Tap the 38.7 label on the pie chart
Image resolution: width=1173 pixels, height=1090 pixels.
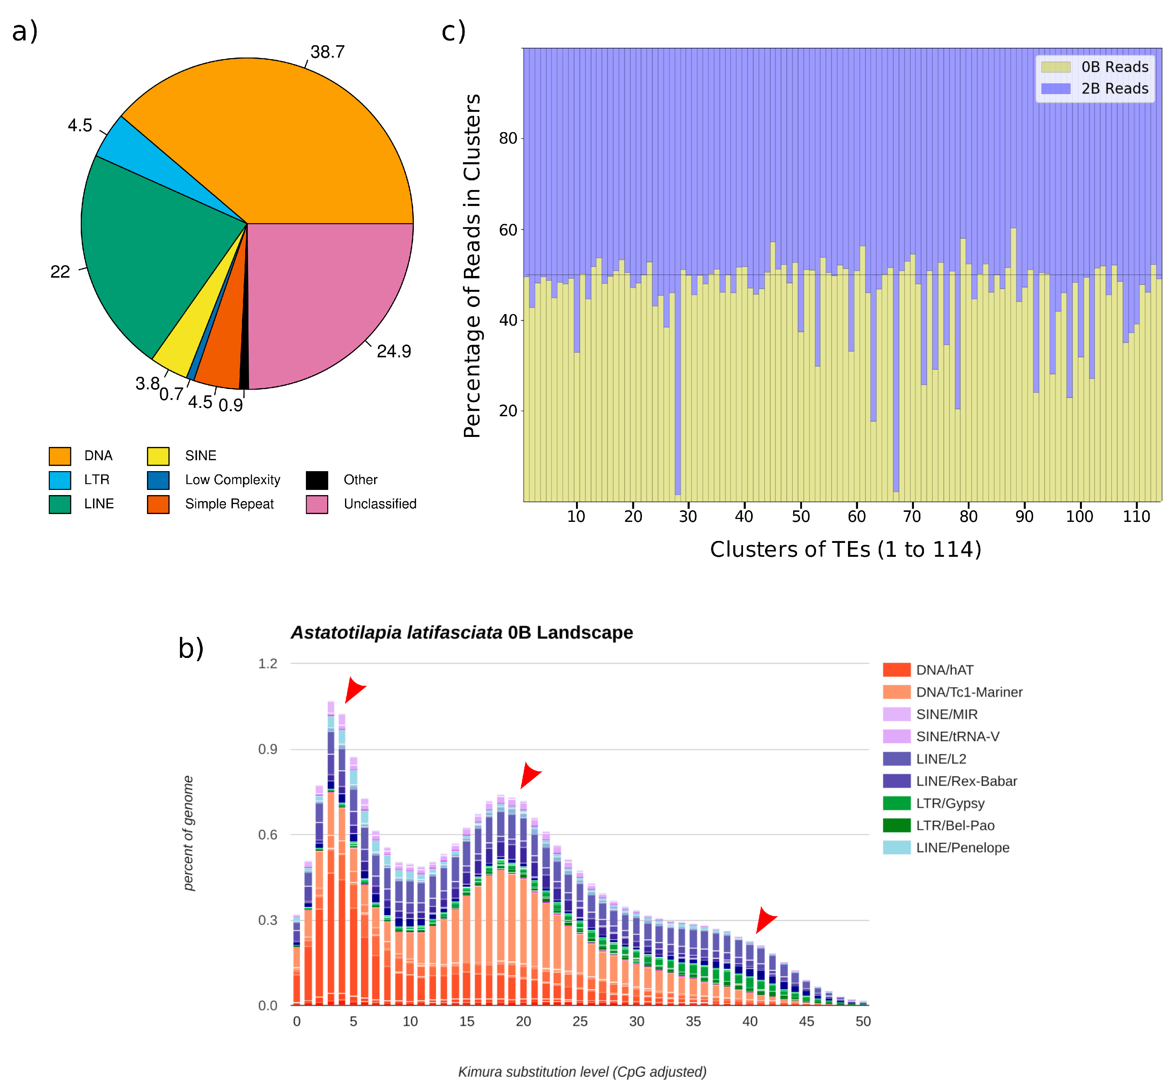click(x=327, y=52)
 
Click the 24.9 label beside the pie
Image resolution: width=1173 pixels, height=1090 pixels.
click(x=393, y=352)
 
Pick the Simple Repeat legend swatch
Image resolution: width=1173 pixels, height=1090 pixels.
click(x=158, y=504)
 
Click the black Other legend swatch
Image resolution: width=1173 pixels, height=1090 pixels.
click(x=317, y=480)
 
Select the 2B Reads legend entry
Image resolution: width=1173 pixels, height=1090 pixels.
click(x=1094, y=89)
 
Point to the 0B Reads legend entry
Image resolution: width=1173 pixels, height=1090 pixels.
click(x=1094, y=67)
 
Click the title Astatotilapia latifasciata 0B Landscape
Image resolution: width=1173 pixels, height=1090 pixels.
click(x=461, y=632)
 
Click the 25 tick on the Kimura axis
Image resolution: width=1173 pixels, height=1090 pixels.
click(x=580, y=1021)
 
